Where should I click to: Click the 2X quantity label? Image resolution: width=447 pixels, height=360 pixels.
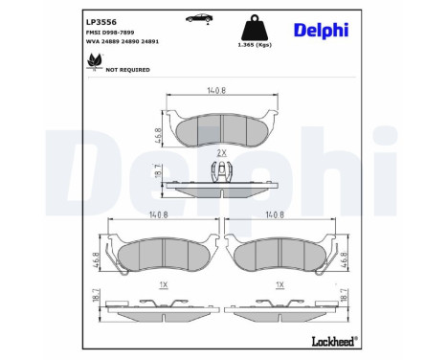tap(221, 152)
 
